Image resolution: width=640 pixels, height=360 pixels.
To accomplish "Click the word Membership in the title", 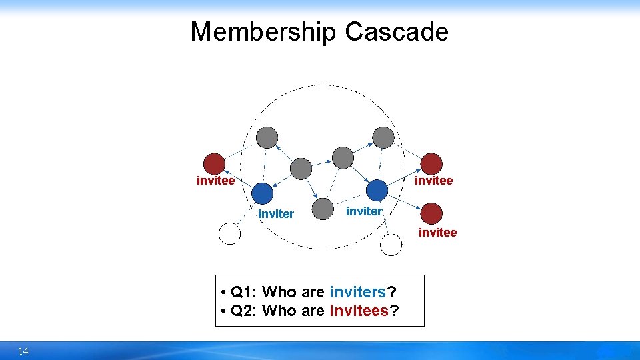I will click(264, 32).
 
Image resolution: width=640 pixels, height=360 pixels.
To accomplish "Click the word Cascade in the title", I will click(397, 32).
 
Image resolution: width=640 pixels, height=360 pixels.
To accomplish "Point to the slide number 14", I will click(23, 351).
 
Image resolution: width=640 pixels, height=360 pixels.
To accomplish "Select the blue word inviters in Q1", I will click(358, 292).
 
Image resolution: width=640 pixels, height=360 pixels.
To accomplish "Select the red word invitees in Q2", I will click(359, 311).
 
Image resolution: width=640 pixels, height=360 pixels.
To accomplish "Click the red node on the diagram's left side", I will click(214, 164).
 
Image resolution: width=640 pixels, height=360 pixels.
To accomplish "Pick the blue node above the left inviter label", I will click(263, 193).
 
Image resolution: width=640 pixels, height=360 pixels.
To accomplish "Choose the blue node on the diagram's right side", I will click(377, 191).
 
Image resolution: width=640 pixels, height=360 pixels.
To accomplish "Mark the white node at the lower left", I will click(229, 234).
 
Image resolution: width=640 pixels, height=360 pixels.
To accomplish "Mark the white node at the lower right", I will click(391, 245).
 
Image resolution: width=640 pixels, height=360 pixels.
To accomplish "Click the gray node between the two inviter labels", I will click(323, 209).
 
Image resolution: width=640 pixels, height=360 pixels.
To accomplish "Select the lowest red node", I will click(431, 213).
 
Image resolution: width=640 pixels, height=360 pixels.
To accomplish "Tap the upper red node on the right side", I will click(431, 163).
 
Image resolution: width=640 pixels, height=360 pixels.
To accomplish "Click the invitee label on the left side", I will click(215, 181).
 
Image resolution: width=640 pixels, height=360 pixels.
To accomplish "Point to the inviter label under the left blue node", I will click(275, 214).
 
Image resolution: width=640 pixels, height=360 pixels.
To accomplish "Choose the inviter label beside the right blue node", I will click(364, 211).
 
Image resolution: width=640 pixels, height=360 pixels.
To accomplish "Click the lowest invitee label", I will click(437, 233).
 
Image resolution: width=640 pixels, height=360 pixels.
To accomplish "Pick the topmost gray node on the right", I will click(383, 137).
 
